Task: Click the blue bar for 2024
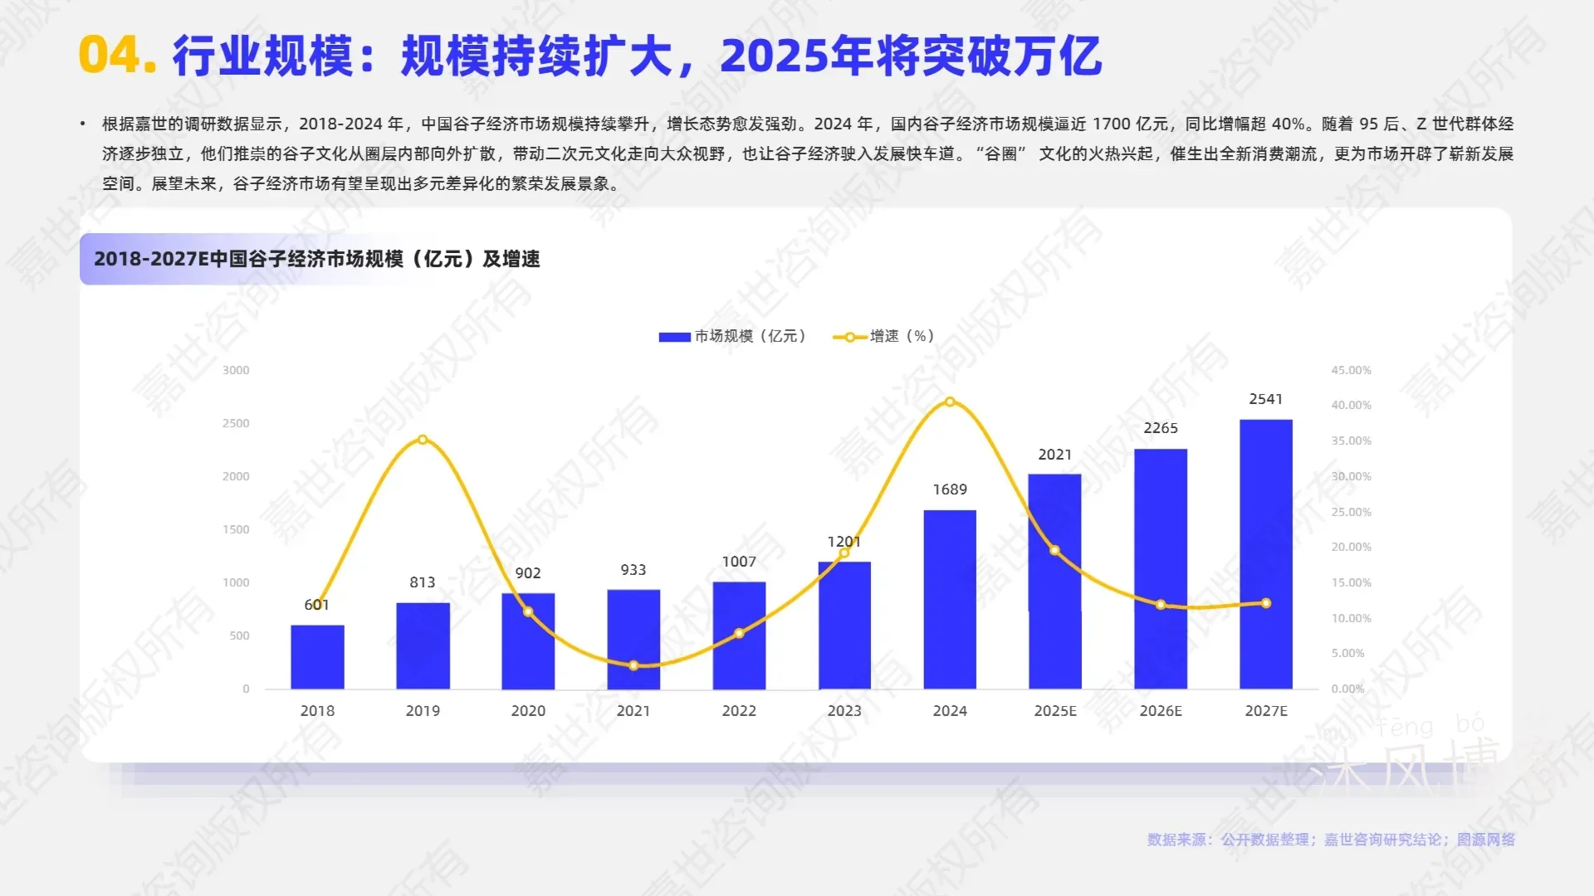(950, 599)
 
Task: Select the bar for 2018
(317, 656)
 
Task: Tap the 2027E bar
(1266, 553)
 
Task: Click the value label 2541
(1266, 399)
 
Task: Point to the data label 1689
(950, 489)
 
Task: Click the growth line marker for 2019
(423, 440)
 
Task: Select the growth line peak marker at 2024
(950, 402)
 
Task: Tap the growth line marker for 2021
(633, 665)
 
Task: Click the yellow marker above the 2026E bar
(1161, 605)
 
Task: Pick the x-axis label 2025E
(1055, 711)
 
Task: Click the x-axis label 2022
(739, 711)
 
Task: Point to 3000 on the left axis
(236, 370)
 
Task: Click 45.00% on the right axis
(1351, 370)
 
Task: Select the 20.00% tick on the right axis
(1351, 547)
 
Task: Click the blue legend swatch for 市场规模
(674, 337)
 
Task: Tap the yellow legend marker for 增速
(849, 337)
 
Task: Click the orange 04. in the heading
(117, 56)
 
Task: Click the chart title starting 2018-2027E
(316, 259)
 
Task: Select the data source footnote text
(1331, 840)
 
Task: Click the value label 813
(423, 582)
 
